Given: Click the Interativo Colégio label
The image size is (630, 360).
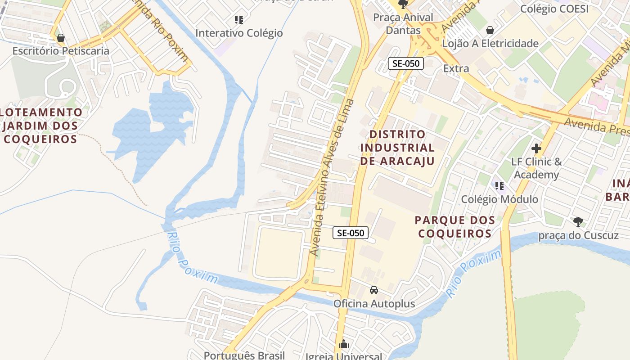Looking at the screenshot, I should (x=239, y=33).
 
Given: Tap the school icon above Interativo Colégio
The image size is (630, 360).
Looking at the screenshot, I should (x=239, y=19).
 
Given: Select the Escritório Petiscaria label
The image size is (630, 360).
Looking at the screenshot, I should (x=61, y=50).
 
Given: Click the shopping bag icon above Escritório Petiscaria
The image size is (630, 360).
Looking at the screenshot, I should (x=61, y=37).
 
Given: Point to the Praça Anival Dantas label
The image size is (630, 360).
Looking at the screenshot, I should (x=403, y=24).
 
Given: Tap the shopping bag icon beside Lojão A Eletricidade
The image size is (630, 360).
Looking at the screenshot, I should (x=490, y=30).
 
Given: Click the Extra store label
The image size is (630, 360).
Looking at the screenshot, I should (x=456, y=68).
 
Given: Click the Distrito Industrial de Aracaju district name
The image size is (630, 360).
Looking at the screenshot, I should (x=397, y=147).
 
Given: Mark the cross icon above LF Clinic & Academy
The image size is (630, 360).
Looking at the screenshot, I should (x=536, y=148).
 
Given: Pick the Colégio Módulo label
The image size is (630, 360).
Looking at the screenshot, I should (x=499, y=199).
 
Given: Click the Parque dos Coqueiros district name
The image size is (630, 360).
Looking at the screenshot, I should (x=455, y=227).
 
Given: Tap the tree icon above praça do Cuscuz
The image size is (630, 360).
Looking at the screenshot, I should (x=578, y=221).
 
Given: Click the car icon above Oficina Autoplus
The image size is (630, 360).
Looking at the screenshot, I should (x=374, y=290).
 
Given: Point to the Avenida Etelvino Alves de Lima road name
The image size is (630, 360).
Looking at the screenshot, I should (x=329, y=178).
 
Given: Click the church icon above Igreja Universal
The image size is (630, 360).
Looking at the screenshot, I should (x=344, y=344).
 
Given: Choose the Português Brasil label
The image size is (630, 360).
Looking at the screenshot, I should (x=244, y=355).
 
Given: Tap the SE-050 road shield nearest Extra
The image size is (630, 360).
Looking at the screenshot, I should (x=406, y=63).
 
